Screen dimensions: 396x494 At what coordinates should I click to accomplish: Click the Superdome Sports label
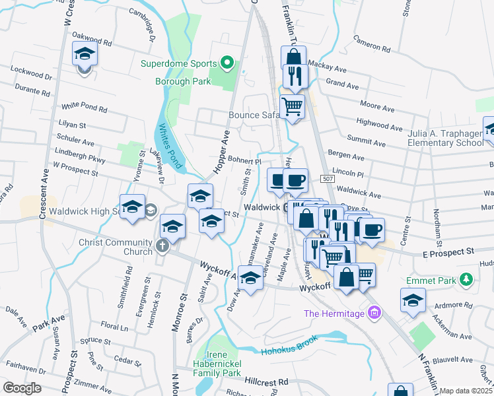(x=179, y=64)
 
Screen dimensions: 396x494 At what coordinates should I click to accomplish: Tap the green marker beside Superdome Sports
(x=228, y=64)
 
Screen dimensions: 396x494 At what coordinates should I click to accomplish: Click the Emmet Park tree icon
(x=466, y=280)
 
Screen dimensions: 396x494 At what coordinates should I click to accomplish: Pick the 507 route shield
(x=328, y=179)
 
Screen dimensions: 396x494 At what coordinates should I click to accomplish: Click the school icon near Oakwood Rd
(x=84, y=52)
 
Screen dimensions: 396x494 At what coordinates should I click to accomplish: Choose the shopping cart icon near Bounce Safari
(x=292, y=106)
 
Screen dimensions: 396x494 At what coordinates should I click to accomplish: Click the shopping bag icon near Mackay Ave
(x=293, y=57)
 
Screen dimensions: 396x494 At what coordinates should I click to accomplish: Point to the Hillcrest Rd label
(x=266, y=382)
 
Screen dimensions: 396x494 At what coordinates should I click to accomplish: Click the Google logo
(x=22, y=388)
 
